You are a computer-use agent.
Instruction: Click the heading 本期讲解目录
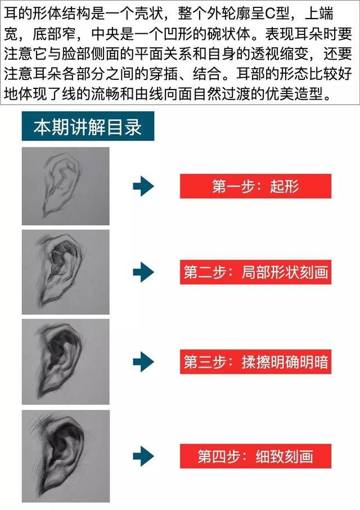coord(88,126)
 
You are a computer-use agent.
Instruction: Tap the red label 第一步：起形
coord(256,186)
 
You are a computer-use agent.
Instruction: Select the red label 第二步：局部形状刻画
coord(256,272)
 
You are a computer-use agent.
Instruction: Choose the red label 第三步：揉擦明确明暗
coord(256,362)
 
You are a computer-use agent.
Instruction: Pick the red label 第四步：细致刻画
coord(256,456)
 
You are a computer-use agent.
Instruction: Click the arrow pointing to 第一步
coord(143,186)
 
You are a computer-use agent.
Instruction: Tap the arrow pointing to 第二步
coord(143,272)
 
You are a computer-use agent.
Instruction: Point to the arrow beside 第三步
coord(143,362)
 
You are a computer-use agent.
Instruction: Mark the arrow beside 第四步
coord(143,456)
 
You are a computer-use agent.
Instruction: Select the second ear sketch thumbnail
coord(66,272)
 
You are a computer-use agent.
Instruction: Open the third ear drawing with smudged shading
coord(66,362)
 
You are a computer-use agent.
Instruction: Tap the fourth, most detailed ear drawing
coord(66,456)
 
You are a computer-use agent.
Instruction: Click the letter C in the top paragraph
coord(271,14)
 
